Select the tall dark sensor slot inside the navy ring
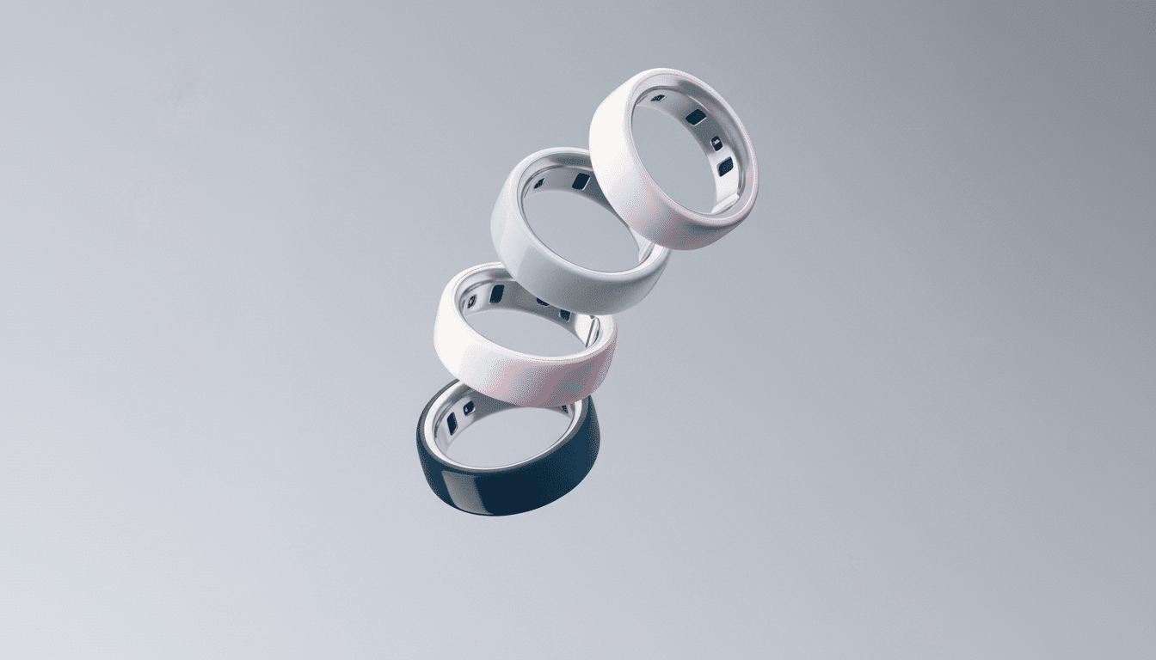(x=451, y=422)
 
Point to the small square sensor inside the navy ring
(x=468, y=407)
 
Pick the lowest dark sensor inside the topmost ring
(x=725, y=166)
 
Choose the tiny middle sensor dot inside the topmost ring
(x=716, y=143)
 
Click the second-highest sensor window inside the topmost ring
(x=695, y=117)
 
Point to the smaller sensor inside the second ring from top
(x=538, y=183)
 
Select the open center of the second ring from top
(x=585, y=228)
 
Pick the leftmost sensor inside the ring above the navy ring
(x=471, y=302)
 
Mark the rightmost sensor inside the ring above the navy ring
(x=565, y=315)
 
